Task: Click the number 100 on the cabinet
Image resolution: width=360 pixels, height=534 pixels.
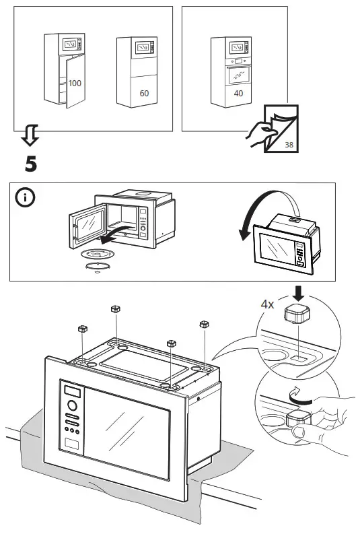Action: coord(75,81)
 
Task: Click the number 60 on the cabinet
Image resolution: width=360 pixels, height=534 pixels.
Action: coord(144,94)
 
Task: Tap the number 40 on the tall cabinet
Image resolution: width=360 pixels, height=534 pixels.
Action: coord(238,94)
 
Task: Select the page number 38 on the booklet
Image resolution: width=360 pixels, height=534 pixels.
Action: coord(289,144)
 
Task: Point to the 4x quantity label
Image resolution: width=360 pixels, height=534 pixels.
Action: coord(268,304)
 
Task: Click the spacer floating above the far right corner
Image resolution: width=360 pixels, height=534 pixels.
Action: coord(203,325)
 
